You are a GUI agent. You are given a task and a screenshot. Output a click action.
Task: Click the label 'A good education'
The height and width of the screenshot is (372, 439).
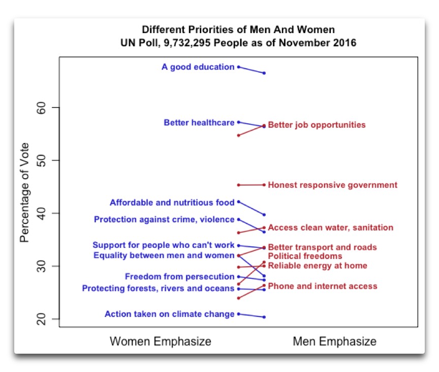[x=198, y=67]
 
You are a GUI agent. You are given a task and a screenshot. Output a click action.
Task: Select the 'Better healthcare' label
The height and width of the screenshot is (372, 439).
[x=199, y=123]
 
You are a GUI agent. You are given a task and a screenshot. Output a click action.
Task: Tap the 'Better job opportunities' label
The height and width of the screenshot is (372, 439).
[x=317, y=125]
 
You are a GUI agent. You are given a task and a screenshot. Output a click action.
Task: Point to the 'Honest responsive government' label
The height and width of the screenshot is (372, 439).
[x=333, y=185]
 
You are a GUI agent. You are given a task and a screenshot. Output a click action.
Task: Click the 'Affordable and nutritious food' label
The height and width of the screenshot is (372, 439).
[x=172, y=203]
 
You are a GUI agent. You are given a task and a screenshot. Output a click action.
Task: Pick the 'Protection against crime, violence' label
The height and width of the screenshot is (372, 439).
[x=164, y=219]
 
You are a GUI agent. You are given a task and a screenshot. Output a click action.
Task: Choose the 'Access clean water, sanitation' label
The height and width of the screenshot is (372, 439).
[x=331, y=227]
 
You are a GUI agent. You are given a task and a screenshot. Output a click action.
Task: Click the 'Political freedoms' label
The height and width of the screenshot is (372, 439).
[x=305, y=256]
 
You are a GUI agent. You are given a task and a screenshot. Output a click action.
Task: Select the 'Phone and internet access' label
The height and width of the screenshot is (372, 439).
[x=323, y=286]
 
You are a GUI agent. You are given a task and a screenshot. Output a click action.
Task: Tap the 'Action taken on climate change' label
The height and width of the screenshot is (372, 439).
[x=170, y=314]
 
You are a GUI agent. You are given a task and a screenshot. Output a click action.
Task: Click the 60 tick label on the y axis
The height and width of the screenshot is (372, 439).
[x=42, y=108]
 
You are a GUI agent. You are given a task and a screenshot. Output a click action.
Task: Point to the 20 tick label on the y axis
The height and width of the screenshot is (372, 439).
[x=42, y=319]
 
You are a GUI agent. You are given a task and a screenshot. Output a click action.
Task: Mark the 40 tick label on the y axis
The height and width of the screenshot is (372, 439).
[x=42, y=213]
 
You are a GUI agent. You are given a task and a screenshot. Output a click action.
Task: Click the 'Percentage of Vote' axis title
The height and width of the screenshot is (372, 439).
[x=24, y=192]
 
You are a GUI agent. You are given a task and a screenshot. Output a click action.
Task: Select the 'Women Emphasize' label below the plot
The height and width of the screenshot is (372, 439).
[x=161, y=341]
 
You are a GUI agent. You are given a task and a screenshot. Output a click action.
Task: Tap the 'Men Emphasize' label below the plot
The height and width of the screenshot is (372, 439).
[x=334, y=341]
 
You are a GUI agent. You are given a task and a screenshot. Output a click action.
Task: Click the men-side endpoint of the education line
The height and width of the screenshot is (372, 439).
[x=264, y=73]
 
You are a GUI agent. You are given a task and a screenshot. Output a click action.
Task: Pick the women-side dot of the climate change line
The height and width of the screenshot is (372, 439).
[x=238, y=314]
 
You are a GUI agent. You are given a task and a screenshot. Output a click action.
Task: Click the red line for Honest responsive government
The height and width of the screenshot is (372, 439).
[x=251, y=185]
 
